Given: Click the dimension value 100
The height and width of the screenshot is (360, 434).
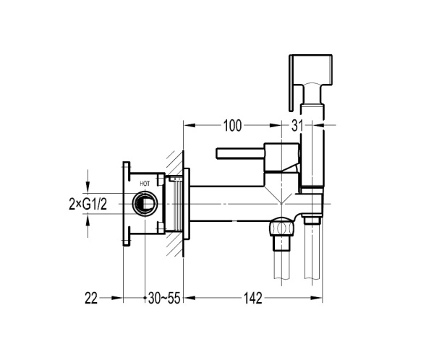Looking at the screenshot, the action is [232, 125].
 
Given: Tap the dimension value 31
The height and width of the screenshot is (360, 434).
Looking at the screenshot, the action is [297, 126].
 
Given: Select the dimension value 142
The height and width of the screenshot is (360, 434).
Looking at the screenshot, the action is [252, 299].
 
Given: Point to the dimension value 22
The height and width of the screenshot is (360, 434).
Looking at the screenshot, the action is [91, 299].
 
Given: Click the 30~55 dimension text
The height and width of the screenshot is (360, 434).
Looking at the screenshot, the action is [164, 299].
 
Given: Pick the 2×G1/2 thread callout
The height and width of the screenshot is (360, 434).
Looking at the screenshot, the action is [88, 205].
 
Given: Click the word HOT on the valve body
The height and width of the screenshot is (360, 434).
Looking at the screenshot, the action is [145, 184].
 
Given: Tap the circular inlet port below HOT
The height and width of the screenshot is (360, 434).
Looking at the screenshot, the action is [145, 204].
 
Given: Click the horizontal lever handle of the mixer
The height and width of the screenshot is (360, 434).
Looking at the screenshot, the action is [240, 153].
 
